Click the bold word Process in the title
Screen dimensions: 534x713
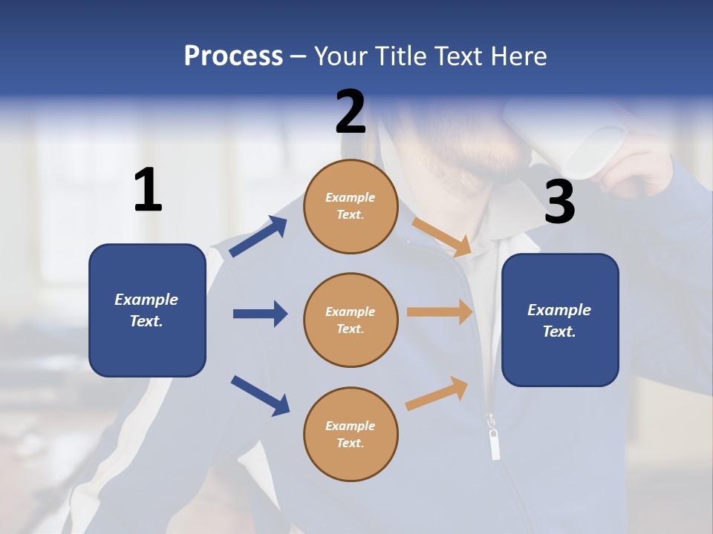click(233, 56)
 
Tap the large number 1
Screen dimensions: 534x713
click(148, 191)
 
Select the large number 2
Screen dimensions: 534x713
click(351, 112)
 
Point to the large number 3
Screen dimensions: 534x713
click(559, 202)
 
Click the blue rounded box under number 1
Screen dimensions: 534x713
click(147, 310)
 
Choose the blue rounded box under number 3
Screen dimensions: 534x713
click(560, 320)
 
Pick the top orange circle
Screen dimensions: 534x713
click(351, 206)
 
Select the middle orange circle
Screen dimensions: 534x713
click(351, 320)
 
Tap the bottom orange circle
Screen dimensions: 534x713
click(351, 434)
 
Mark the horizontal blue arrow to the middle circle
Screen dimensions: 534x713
click(260, 314)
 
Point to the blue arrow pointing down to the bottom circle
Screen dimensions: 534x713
click(260, 395)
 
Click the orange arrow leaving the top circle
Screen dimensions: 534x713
click(443, 237)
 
